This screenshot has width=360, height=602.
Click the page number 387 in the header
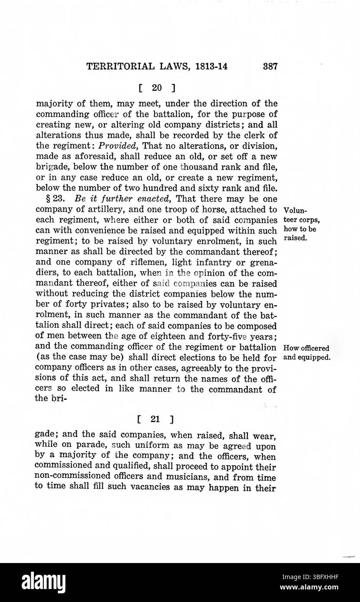click(269, 67)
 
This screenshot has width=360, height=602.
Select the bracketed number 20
click(157, 88)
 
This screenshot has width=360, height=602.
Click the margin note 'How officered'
click(305, 348)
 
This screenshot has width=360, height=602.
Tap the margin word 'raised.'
click(295, 238)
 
